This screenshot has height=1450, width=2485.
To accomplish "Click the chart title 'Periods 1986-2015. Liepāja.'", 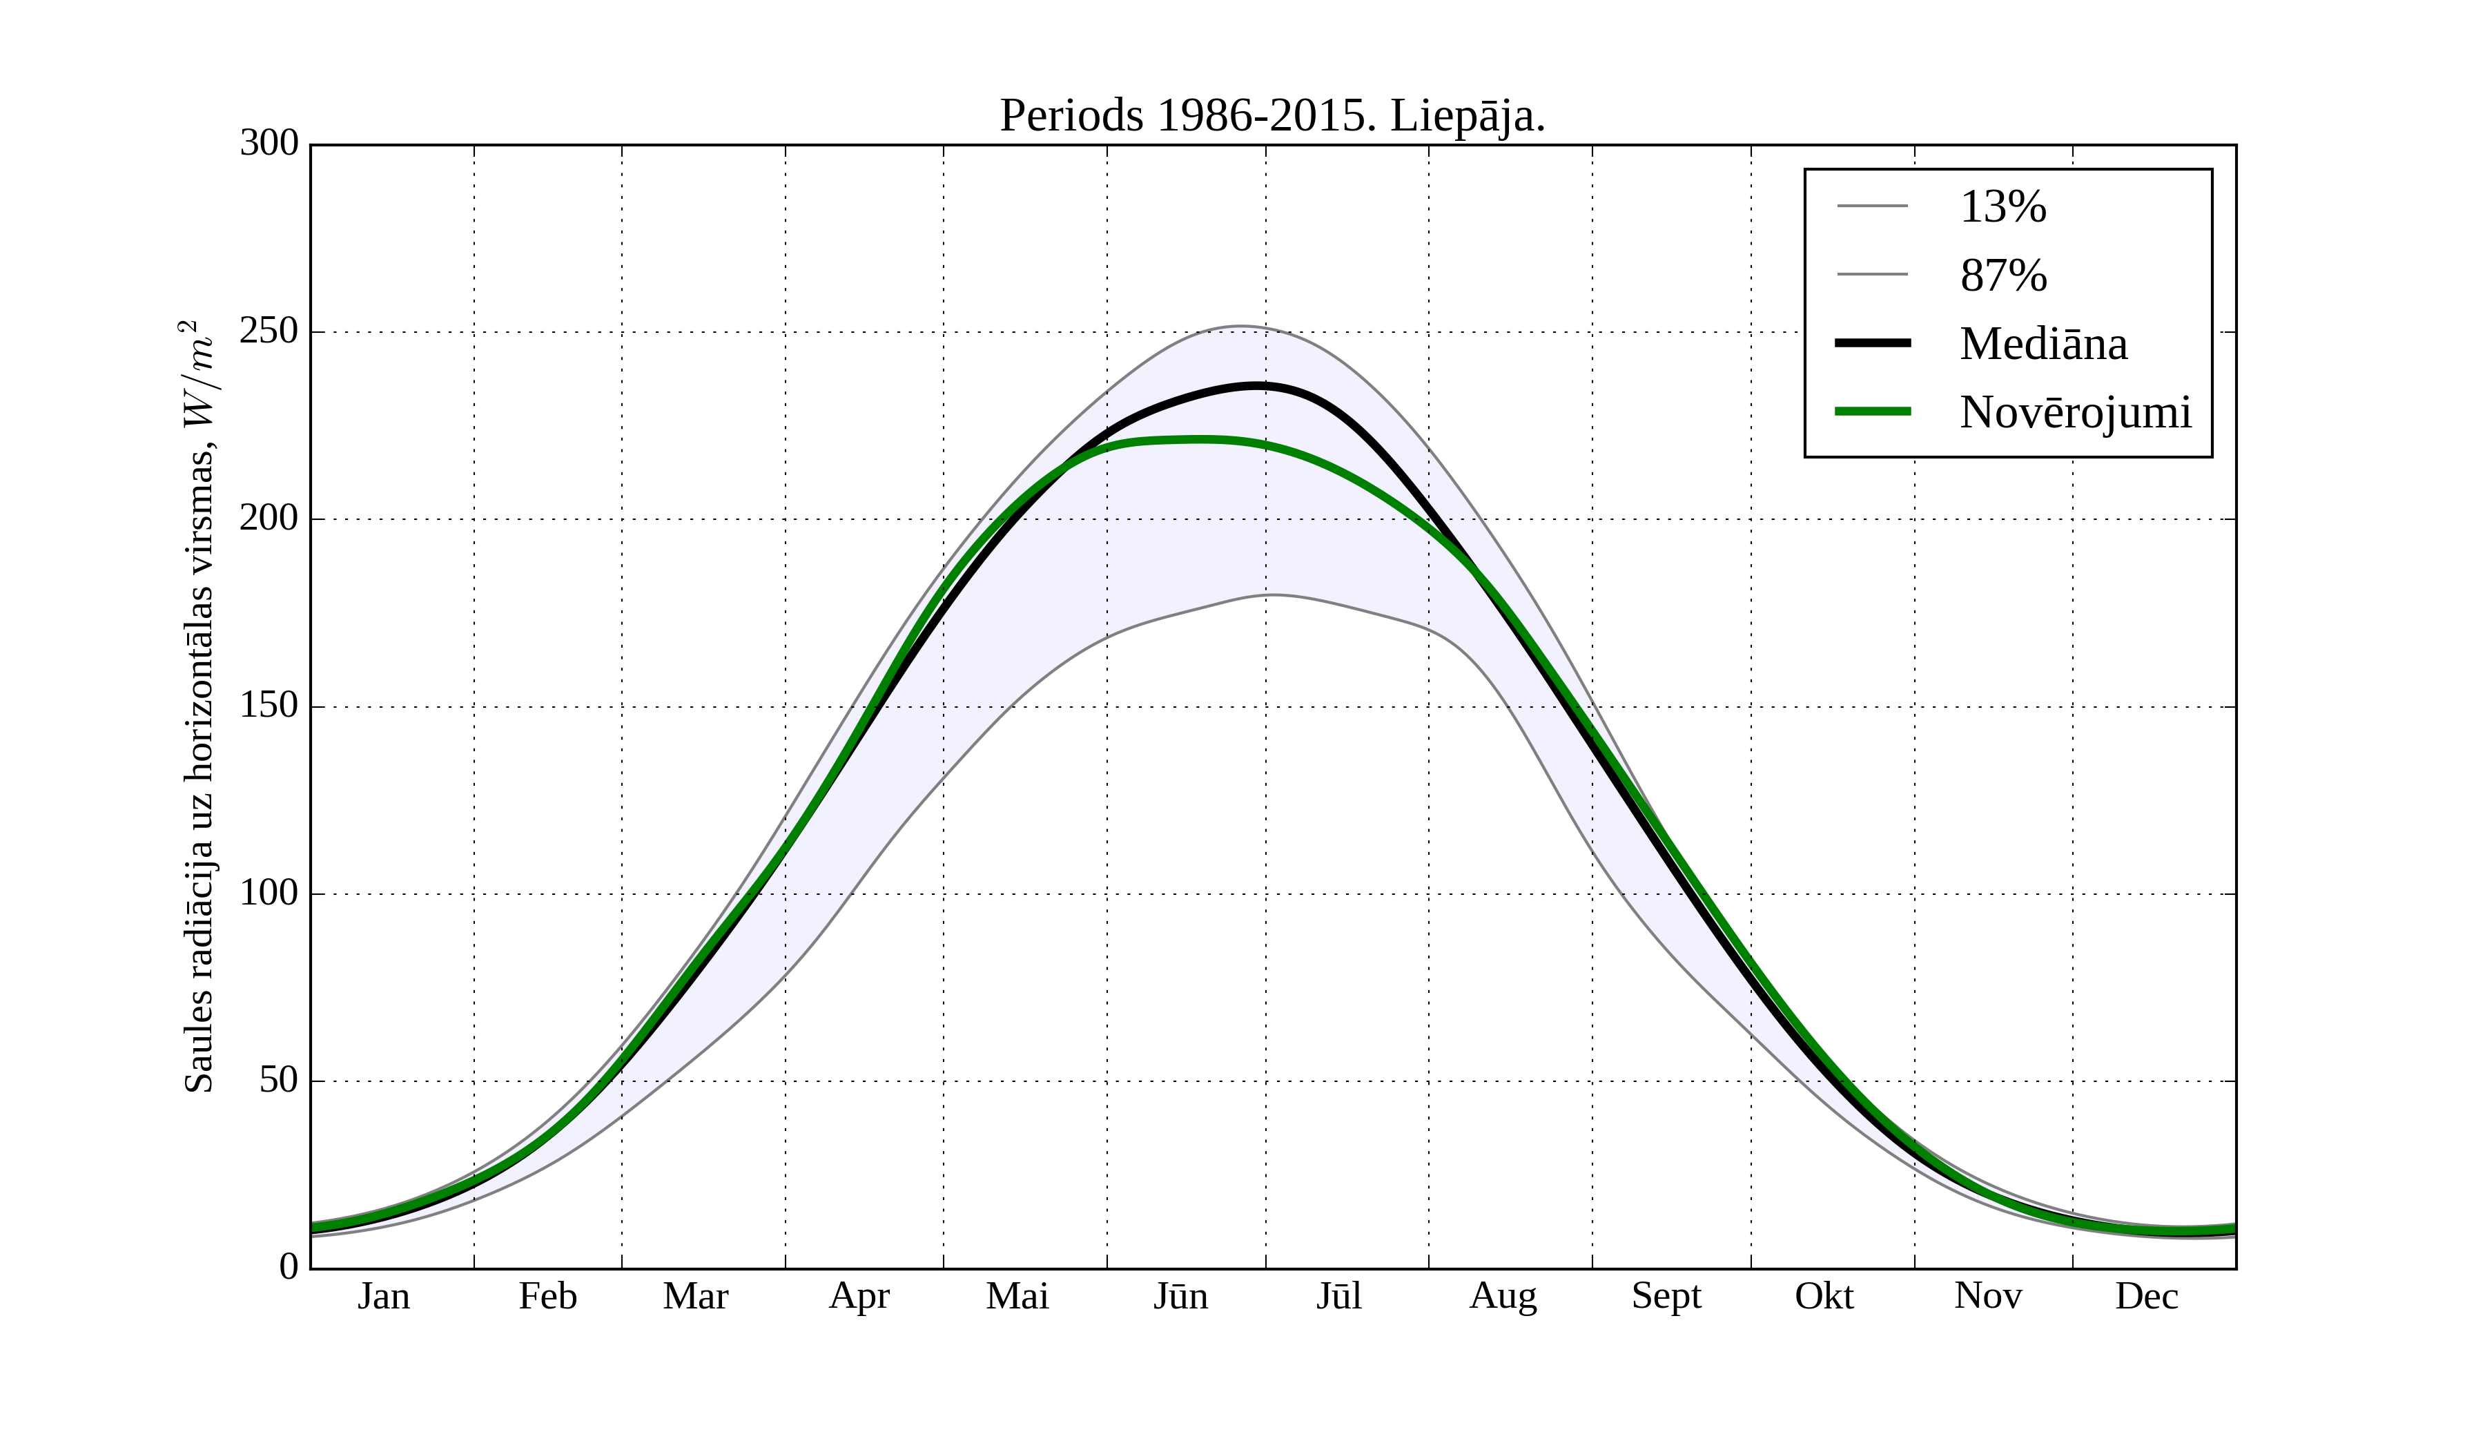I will (1272, 117).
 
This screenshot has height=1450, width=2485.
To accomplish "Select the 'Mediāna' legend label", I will (2043, 345).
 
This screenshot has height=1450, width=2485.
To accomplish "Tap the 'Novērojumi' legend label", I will (2075, 412).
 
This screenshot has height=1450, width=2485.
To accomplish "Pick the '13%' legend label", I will (2002, 207).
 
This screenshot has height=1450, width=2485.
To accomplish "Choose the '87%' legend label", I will (2002, 275).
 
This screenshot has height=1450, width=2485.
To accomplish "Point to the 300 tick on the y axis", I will (269, 144).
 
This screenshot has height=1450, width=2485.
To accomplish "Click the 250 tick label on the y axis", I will (269, 331).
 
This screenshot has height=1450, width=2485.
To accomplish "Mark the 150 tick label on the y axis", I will (269, 706).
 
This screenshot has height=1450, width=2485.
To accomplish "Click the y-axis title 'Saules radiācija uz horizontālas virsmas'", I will (199, 706).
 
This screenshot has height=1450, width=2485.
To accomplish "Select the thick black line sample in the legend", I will (1873, 343).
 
